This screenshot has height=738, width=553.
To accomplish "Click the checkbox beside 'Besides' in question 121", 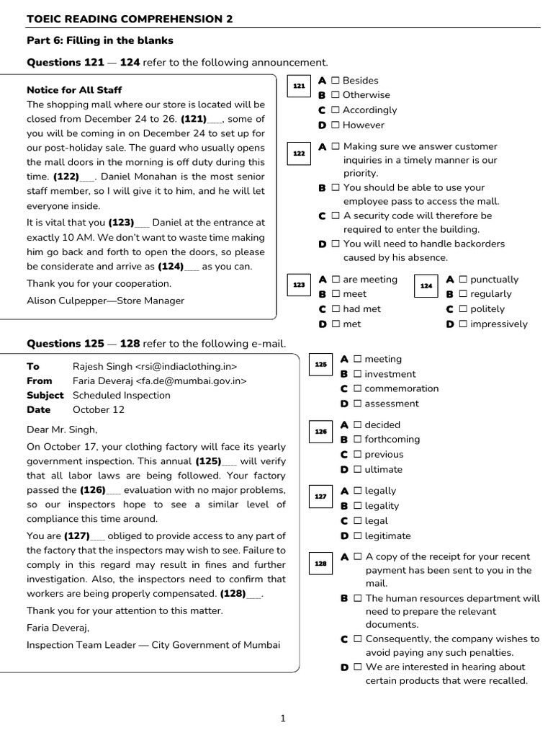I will (335, 81).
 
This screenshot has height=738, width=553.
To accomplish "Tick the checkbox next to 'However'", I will (335, 125).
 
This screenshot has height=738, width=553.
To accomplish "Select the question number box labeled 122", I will (299, 154).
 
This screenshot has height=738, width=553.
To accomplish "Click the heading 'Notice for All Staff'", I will (74, 90).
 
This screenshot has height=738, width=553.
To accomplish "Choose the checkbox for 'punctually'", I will (463, 280).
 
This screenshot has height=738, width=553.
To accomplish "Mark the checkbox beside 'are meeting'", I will (336, 280).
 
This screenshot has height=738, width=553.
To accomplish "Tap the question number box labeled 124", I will (426, 286).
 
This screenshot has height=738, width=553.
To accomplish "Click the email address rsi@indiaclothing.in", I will (186, 366).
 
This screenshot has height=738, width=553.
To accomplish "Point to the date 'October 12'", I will (99, 409).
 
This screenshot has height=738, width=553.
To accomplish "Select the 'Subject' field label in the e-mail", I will (45, 395).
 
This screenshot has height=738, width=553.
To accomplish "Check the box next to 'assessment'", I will (357, 404).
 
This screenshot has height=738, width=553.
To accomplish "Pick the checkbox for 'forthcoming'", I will (357, 440).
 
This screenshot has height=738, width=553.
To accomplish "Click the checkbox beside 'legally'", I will (357, 492).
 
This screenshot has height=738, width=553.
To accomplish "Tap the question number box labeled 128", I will (320, 564).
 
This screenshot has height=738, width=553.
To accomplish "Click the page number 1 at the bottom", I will (283, 718).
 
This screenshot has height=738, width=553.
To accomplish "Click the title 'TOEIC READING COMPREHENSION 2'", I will (130, 19).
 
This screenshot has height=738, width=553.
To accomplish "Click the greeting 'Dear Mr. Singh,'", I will (61, 430).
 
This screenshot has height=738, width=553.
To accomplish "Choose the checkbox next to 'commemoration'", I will (357, 389).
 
